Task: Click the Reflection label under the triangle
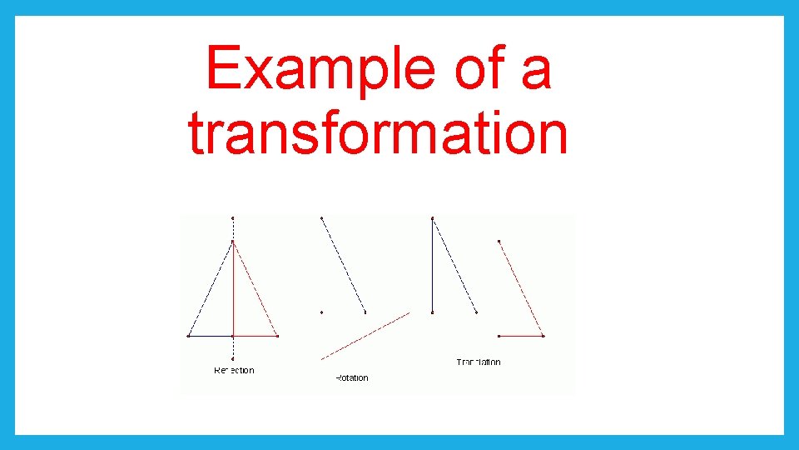(234, 370)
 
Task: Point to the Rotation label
(351, 377)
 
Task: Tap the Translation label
(479, 362)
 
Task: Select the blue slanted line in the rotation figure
(343, 265)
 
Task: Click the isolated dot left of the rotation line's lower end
(322, 312)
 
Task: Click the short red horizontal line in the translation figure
(520, 336)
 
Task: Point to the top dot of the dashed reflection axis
(233, 218)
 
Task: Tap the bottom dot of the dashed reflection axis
(233, 359)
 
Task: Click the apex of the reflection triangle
(233, 242)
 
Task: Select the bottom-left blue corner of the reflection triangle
(189, 336)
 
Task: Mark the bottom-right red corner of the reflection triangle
(277, 336)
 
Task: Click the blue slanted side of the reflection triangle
(211, 290)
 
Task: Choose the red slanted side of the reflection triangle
(256, 290)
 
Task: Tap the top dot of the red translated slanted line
(499, 242)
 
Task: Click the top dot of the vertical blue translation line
(433, 218)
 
